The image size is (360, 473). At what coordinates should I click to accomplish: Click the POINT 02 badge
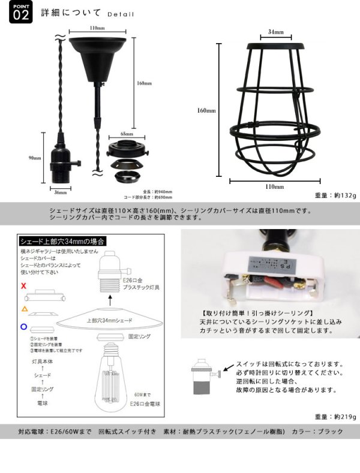tap(20, 13)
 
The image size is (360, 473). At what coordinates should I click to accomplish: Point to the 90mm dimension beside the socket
tap(34, 158)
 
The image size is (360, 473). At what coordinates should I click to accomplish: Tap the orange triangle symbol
tap(23, 308)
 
